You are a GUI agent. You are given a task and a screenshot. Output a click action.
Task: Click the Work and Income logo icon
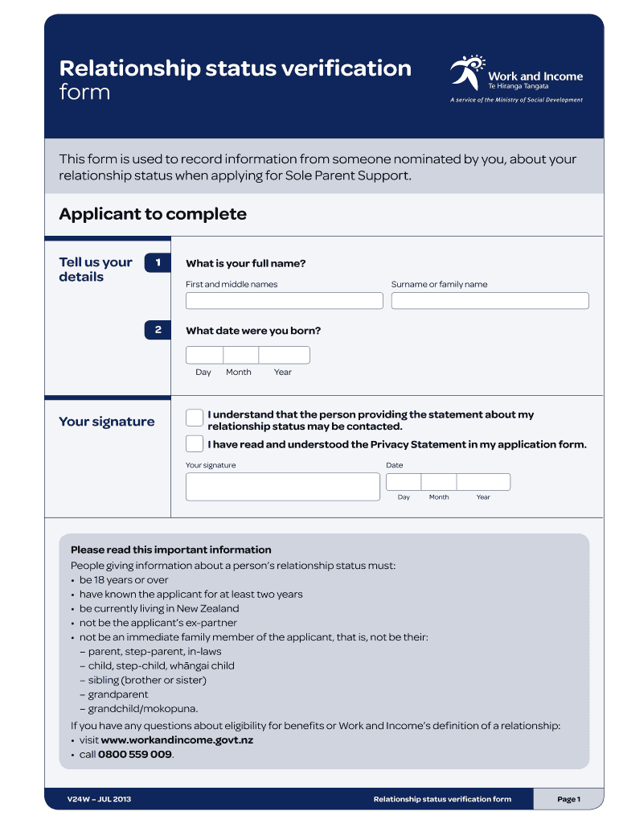click(x=466, y=72)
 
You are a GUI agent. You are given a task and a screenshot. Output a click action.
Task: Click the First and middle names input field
click(x=284, y=301)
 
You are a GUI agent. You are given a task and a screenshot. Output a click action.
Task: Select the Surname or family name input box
click(x=490, y=301)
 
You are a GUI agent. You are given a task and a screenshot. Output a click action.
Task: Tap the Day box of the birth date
click(x=204, y=355)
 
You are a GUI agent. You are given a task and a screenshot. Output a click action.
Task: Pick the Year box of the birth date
click(x=284, y=355)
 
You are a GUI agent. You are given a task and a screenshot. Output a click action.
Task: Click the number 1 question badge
click(x=158, y=262)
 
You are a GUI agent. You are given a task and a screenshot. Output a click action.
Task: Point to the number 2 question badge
click(x=158, y=330)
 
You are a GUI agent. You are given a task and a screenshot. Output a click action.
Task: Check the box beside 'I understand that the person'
click(x=195, y=417)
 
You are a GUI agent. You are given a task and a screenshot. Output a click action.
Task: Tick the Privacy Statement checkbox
click(x=195, y=443)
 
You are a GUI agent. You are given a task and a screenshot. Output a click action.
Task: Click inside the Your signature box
click(x=282, y=487)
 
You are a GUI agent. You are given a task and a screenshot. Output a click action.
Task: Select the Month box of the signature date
click(x=439, y=482)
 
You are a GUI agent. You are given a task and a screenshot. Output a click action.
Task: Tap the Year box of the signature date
click(x=483, y=482)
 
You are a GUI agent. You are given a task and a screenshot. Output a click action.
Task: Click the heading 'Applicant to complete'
click(x=153, y=214)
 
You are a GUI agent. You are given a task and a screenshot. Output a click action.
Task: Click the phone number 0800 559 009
click(x=135, y=755)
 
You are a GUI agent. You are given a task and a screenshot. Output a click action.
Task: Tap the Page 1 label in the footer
click(x=568, y=799)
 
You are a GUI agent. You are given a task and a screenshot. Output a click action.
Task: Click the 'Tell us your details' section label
click(x=96, y=270)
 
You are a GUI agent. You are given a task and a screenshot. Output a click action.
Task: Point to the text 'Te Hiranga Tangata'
click(x=519, y=86)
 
